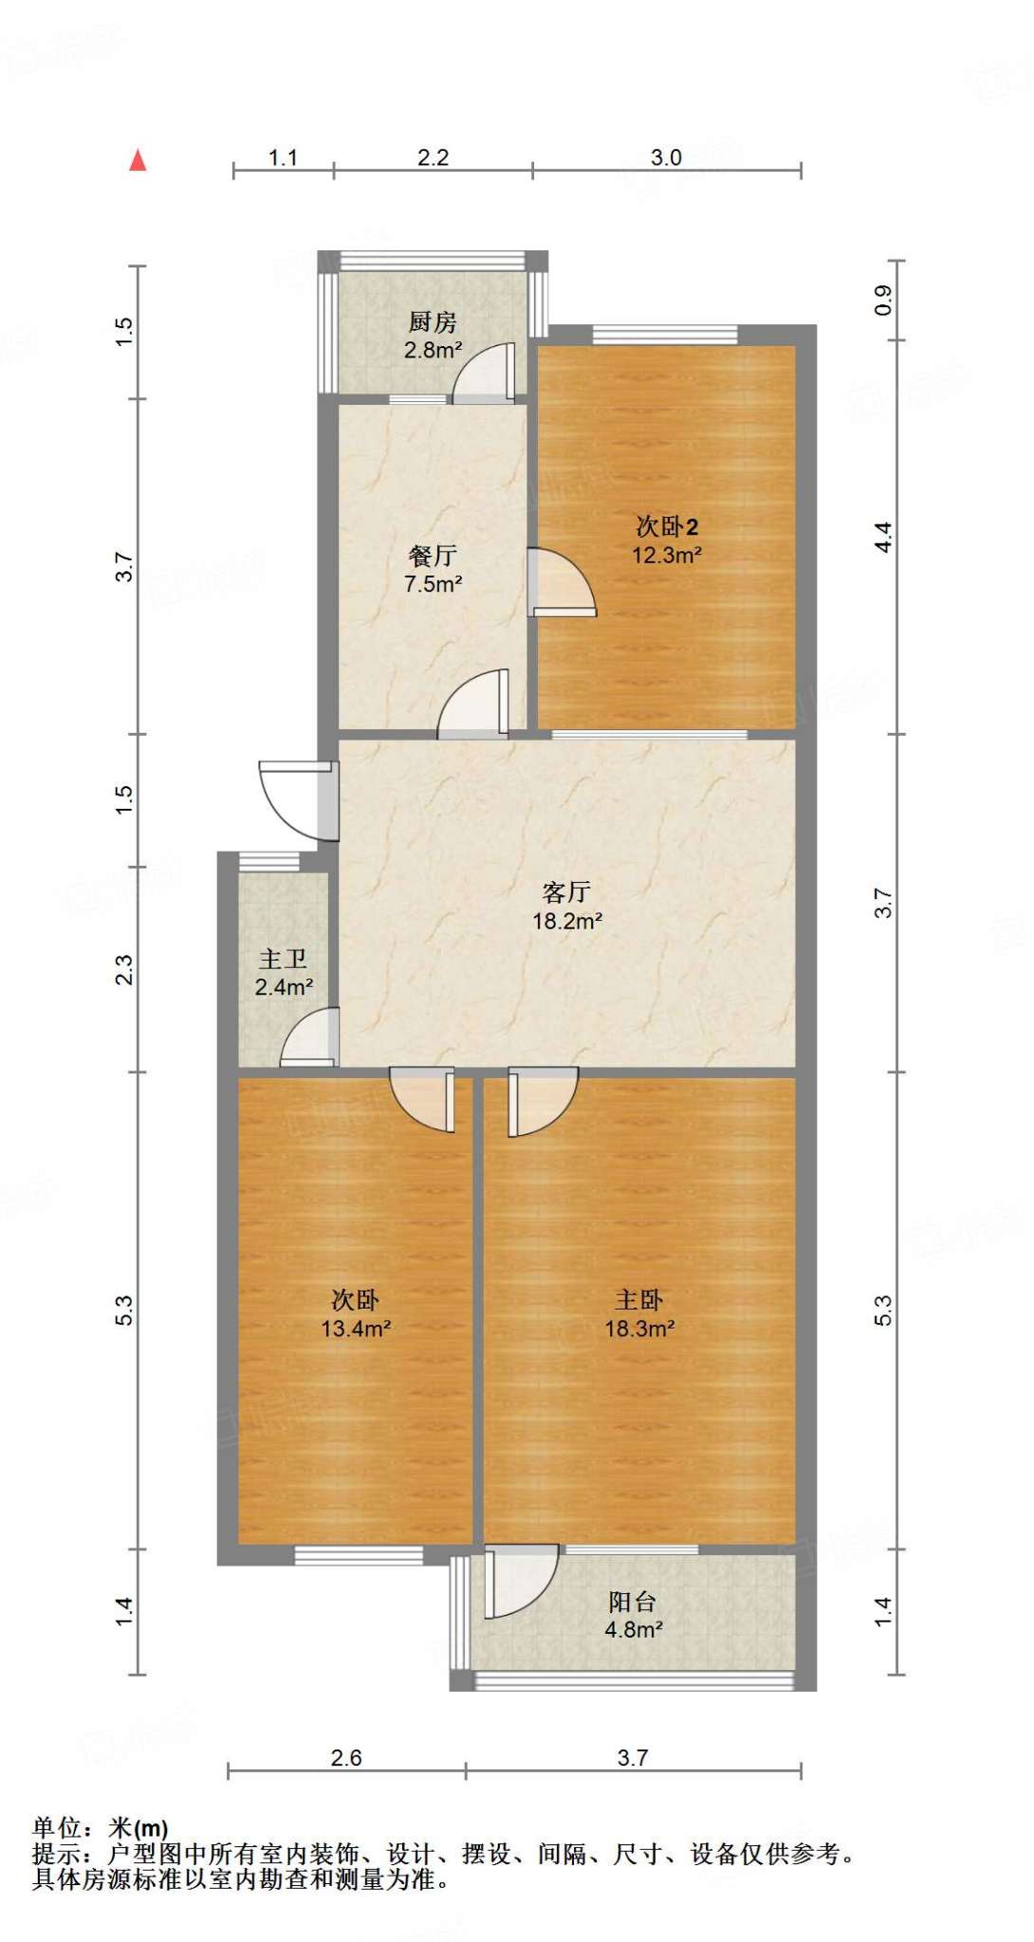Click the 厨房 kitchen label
tap(433, 323)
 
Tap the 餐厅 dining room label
tap(433, 556)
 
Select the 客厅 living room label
tap(567, 891)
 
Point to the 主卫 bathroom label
tap(283, 960)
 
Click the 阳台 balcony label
tap(633, 1603)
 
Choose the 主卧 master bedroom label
tap(638, 1300)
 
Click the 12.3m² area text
tap(667, 556)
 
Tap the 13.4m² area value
tap(356, 1328)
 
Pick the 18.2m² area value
tap(567, 920)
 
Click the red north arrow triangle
tap(138, 160)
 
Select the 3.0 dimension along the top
tap(666, 157)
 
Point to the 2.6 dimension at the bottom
tap(346, 1758)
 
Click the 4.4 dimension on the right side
tap(883, 538)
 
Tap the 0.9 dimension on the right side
tap(883, 301)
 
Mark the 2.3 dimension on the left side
tap(124, 970)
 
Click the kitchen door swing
tap(484, 373)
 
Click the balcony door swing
tap(521, 1582)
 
